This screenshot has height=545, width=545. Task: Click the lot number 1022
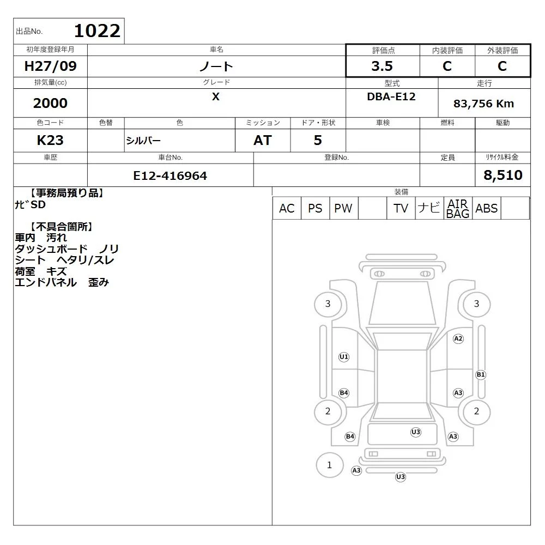point(98,31)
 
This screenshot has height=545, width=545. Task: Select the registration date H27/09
point(50,66)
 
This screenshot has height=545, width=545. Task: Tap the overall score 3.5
point(382,66)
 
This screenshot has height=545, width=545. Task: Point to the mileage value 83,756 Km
point(483,104)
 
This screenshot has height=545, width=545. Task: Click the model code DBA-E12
point(391,96)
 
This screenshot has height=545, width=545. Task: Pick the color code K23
point(50,141)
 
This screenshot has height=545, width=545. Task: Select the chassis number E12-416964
point(170,176)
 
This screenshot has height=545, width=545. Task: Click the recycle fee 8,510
point(503,175)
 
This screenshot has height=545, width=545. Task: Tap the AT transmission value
point(263,141)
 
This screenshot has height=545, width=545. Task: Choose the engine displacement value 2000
point(50,103)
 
